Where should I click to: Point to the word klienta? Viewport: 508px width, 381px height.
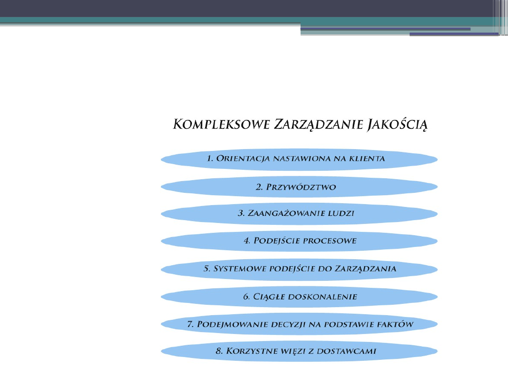tap(367, 159)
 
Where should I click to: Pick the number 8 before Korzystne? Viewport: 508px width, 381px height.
tap(218, 351)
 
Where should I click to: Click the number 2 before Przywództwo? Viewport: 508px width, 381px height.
tap(259, 187)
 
